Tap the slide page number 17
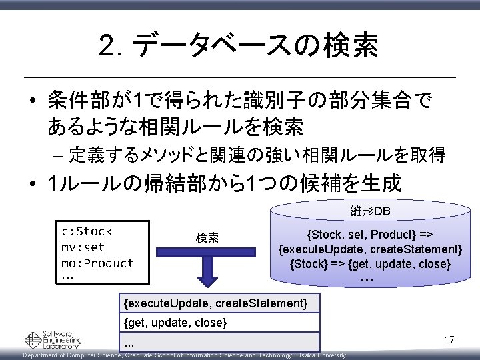click(449, 340)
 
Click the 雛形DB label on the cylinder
click(370, 212)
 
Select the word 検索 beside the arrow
click(207, 238)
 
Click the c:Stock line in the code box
click(87, 231)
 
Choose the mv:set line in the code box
click(83, 247)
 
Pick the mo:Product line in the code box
click(97, 263)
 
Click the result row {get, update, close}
click(176, 323)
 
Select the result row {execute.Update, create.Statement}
click(216, 304)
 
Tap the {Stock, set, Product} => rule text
click(369, 235)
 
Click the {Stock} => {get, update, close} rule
click(370, 264)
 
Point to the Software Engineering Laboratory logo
click(53, 339)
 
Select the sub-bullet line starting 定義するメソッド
click(257, 155)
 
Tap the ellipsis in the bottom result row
click(129, 345)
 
